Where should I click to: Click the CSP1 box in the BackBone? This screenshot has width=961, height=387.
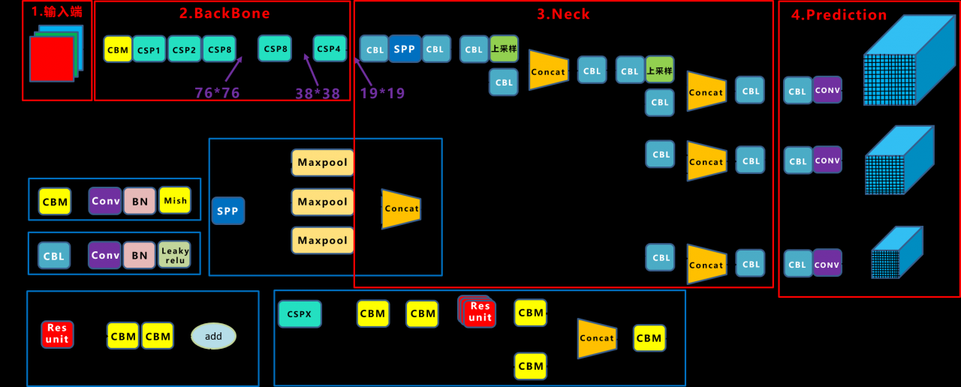149,49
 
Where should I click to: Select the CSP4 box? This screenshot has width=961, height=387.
330,49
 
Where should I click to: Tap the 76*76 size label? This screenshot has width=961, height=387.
217,93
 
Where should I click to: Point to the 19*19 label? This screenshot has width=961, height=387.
382,93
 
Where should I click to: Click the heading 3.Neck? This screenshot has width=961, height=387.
563,14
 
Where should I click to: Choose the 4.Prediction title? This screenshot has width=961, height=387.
839,15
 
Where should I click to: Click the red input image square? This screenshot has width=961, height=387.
52,58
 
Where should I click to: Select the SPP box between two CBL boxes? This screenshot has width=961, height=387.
405,49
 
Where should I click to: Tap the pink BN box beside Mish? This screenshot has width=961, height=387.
140,201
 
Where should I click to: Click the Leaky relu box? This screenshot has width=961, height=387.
175,255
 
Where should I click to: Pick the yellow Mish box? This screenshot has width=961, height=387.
175,200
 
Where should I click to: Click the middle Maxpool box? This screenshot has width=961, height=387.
323,202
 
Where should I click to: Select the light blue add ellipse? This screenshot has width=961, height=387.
213,336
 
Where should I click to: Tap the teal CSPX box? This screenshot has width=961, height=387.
300,314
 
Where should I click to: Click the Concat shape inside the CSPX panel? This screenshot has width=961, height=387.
597,338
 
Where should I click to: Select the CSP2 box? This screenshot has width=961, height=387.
184,49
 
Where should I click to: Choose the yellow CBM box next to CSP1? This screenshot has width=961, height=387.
118,49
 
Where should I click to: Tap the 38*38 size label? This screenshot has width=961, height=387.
317,93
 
